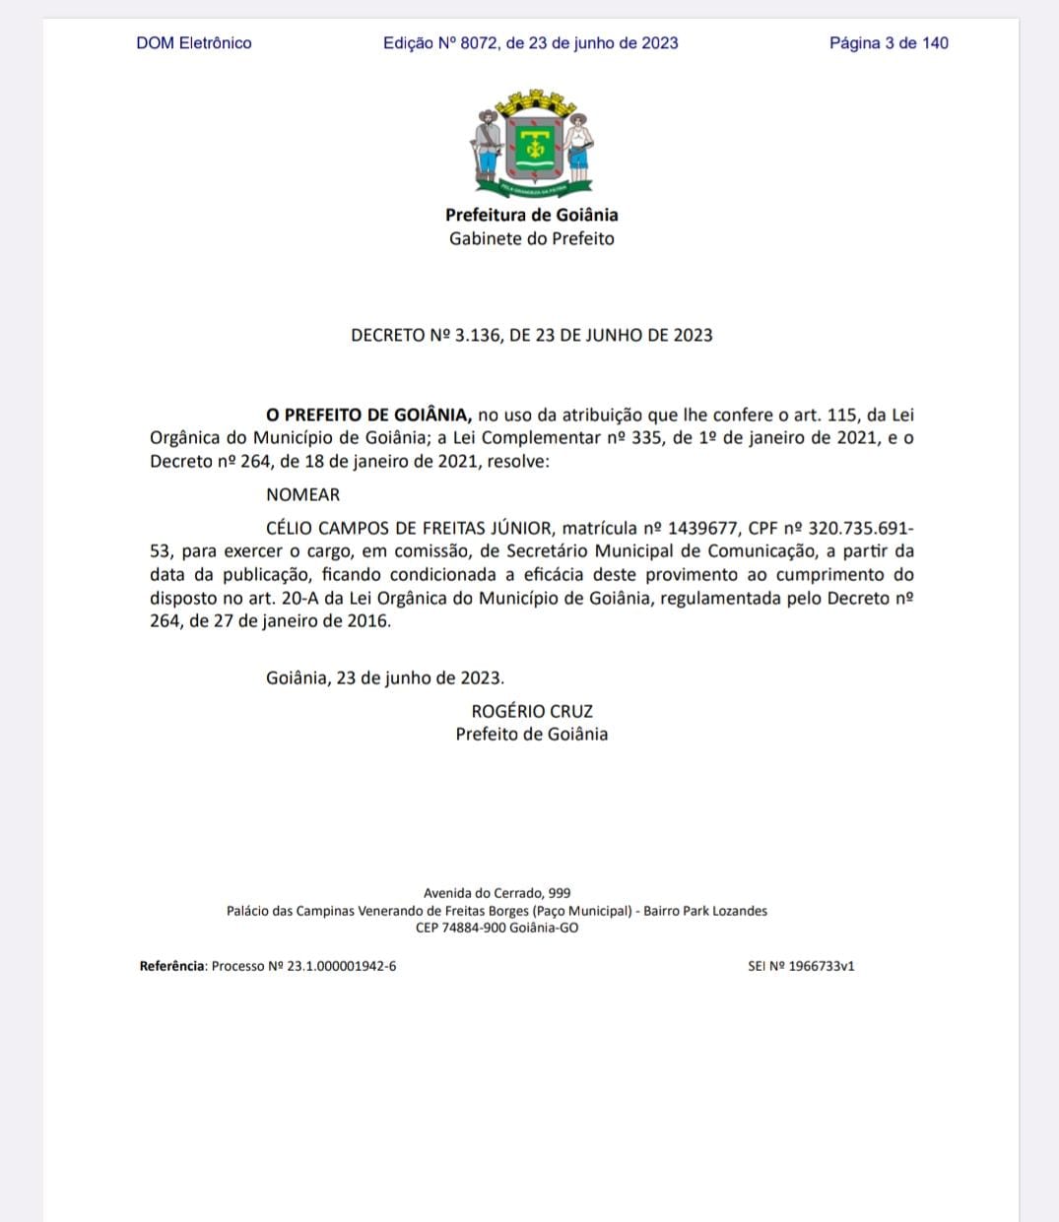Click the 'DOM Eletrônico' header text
[x=194, y=43]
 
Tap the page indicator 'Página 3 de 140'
[x=889, y=43]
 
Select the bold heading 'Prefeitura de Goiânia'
[x=531, y=215]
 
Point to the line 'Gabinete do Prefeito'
[x=531, y=238]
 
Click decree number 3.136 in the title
[x=477, y=335]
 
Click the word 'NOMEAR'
[x=302, y=494]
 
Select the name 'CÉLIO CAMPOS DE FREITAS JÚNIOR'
[x=409, y=528]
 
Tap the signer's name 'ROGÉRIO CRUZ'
[x=532, y=711]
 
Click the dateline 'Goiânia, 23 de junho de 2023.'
[x=385, y=678]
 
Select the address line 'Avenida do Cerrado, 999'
[x=496, y=893]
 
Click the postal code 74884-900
[x=476, y=928]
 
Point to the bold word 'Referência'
[x=172, y=966]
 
